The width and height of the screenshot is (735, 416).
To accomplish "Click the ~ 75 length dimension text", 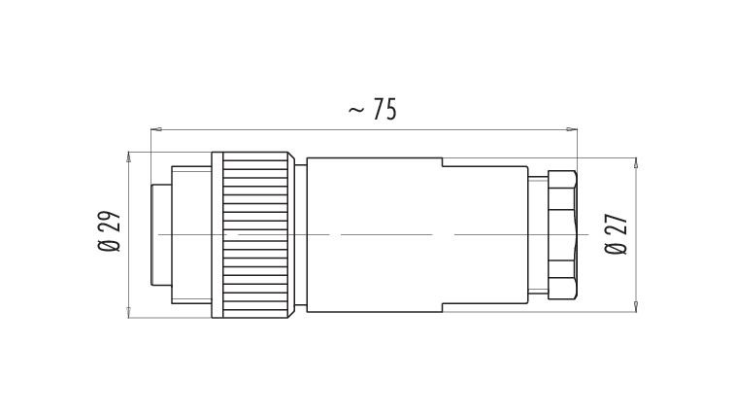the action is (373, 109).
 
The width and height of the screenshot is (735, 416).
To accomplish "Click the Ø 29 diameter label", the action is (109, 230).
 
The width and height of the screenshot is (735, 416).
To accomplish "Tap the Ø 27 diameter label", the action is (616, 234).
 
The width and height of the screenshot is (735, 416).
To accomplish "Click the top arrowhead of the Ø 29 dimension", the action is (129, 157).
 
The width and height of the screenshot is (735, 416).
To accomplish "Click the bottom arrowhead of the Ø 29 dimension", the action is (129, 312).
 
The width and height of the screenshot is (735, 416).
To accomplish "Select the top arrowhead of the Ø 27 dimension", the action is (636, 163).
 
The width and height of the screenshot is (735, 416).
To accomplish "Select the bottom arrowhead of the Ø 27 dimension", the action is (636, 307).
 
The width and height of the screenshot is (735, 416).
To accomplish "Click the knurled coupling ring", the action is (255, 235).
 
